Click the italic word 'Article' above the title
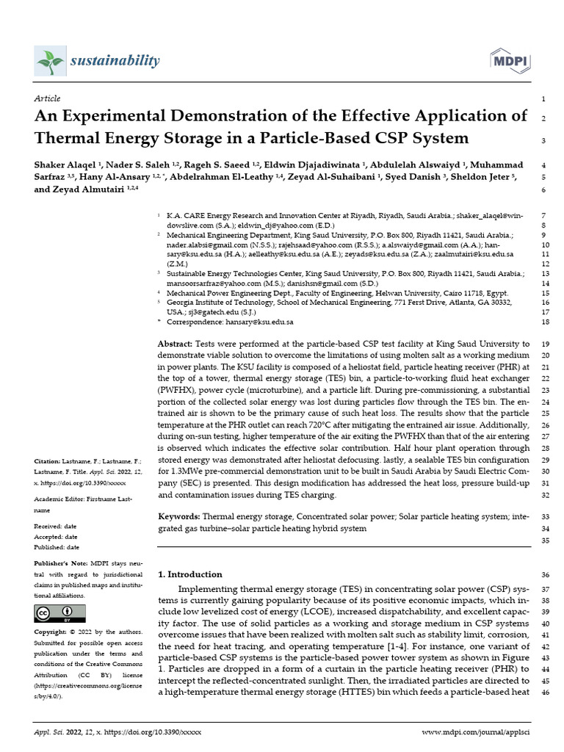pyautogui.click(x=47, y=98)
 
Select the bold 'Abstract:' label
pyautogui.click(x=176, y=343)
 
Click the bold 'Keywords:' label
pyautogui.click(x=179, y=517)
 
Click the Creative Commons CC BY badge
pyautogui.click(x=54, y=613)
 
